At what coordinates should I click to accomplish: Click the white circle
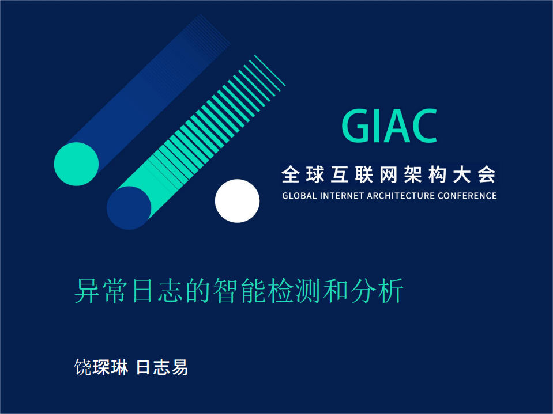[237, 201]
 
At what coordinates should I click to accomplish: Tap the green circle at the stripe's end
[76, 164]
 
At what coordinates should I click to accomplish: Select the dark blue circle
[129, 208]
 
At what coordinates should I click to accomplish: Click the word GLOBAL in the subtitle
[299, 196]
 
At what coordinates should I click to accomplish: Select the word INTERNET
[344, 196]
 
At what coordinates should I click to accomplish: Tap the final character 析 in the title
[390, 291]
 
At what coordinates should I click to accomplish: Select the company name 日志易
[162, 367]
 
